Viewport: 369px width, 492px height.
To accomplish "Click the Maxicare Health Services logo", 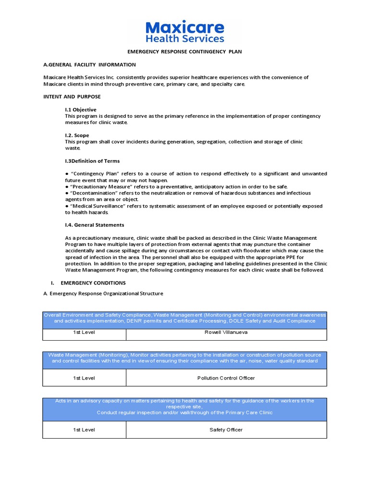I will (x=184, y=31).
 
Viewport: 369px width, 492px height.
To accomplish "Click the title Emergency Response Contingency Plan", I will (x=184, y=51).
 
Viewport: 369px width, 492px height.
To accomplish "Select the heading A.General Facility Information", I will (x=89, y=64).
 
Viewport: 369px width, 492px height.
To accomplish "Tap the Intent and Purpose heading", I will (x=72, y=97).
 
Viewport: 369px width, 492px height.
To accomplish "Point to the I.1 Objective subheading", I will (x=81, y=110).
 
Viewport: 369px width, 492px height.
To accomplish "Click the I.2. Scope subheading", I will (x=77, y=135).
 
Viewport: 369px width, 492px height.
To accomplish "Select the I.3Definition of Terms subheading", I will (x=92, y=161).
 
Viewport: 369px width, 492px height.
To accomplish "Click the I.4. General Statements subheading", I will (x=95, y=225).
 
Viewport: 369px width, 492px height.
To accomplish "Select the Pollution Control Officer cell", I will (x=226, y=378).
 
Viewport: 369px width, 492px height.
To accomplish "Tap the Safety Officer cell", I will (x=226, y=430).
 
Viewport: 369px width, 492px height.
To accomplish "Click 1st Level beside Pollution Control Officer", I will (x=84, y=378).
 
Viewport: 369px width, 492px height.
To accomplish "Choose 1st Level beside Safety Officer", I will (x=84, y=430).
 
